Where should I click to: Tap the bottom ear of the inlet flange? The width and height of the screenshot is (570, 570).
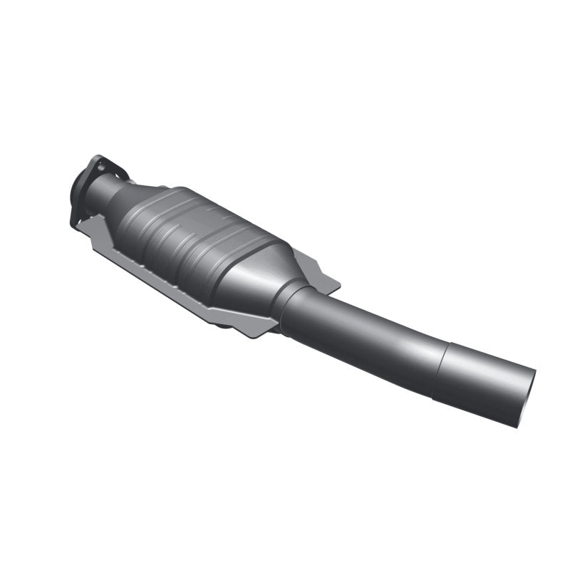pyautogui.click(x=76, y=217)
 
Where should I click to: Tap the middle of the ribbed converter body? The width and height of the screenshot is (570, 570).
pyautogui.click(x=203, y=239)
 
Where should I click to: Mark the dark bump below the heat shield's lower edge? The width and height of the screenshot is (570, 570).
pyautogui.click(x=225, y=325)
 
